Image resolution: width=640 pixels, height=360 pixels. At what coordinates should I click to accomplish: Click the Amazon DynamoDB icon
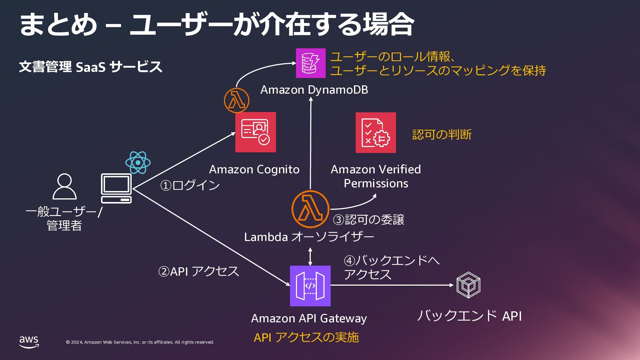click(311, 63)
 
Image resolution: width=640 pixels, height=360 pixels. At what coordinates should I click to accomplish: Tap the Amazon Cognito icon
click(256, 132)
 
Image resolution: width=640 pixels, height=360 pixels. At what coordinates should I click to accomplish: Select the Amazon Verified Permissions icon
click(376, 133)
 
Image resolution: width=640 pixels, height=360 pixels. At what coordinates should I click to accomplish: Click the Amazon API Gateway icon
click(310, 286)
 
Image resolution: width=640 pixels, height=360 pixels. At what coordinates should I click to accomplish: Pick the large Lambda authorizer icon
click(310, 209)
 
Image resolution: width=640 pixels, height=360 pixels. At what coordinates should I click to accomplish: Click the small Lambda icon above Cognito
click(237, 100)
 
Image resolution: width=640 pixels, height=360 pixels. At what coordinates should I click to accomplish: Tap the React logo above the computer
click(138, 163)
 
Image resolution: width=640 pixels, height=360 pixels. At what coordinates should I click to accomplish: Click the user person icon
click(65, 186)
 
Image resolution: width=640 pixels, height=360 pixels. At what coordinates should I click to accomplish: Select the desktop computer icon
click(116, 188)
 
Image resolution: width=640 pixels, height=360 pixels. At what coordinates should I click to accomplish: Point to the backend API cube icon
click(468, 285)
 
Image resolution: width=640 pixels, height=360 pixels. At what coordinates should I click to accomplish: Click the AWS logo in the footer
click(29, 342)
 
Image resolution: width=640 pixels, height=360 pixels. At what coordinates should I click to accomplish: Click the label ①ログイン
click(190, 185)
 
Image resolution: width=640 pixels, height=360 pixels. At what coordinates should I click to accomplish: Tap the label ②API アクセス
click(198, 271)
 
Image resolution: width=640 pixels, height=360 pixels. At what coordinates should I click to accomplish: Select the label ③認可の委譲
click(369, 220)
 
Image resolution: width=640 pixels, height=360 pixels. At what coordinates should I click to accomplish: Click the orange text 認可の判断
click(442, 135)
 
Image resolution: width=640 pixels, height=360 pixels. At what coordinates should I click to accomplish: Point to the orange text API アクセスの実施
click(306, 337)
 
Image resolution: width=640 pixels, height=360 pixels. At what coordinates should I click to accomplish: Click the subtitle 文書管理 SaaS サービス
click(91, 67)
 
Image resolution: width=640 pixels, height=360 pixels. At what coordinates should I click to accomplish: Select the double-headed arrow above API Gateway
click(310, 256)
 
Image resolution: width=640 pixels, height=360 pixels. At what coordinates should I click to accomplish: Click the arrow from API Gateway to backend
click(392, 285)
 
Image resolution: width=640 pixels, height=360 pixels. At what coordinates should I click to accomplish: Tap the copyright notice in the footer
click(140, 342)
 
